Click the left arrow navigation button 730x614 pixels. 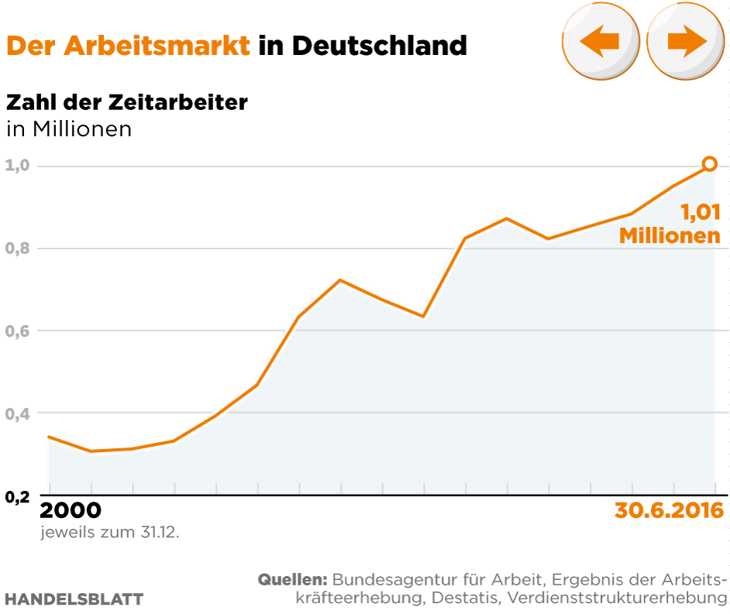click(600, 42)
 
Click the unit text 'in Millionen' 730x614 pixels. click(69, 129)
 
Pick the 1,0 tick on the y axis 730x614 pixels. click(17, 166)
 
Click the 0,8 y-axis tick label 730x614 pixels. click(17, 249)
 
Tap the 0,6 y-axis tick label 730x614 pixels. click(17, 331)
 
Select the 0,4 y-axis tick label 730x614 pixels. click(17, 413)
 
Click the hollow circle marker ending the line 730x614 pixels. click(709, 163)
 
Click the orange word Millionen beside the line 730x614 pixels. click(670, 235)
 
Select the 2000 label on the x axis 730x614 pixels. click(70, 511)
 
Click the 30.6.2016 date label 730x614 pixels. click(669, 511)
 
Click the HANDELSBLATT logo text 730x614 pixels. click(74, 599)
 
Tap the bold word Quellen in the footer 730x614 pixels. click(293, 579)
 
